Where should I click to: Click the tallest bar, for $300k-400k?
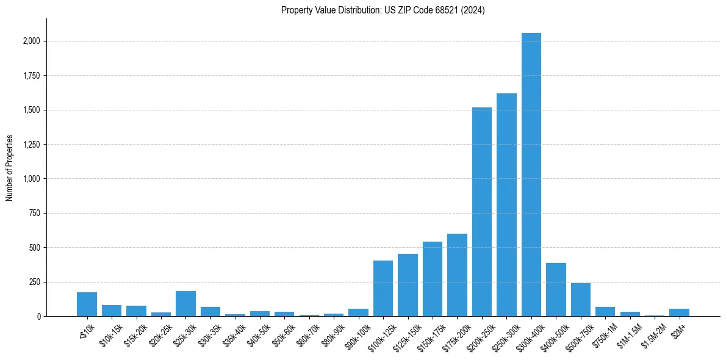tap(531, 175)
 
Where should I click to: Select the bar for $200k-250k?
tap(481, 212)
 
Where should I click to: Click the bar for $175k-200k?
tap(457, 275)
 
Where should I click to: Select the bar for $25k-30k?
tap(185, 304)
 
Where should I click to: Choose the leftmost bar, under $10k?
tap(87, 304)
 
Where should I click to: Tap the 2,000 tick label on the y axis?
tap(32, 41)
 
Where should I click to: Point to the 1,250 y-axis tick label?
tap(32, 145)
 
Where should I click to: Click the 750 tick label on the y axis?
tap(35, 214)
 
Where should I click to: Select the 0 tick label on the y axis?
tap(38, 317)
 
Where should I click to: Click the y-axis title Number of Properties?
tap(9, 168)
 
